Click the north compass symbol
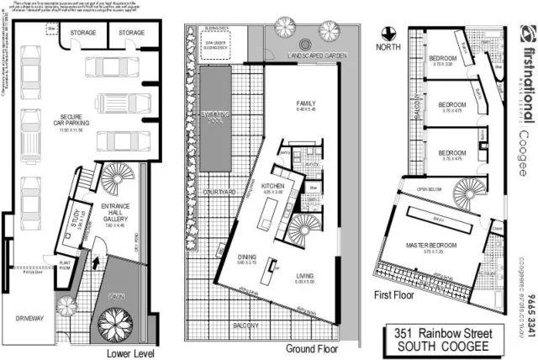click(x=388, y=34)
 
